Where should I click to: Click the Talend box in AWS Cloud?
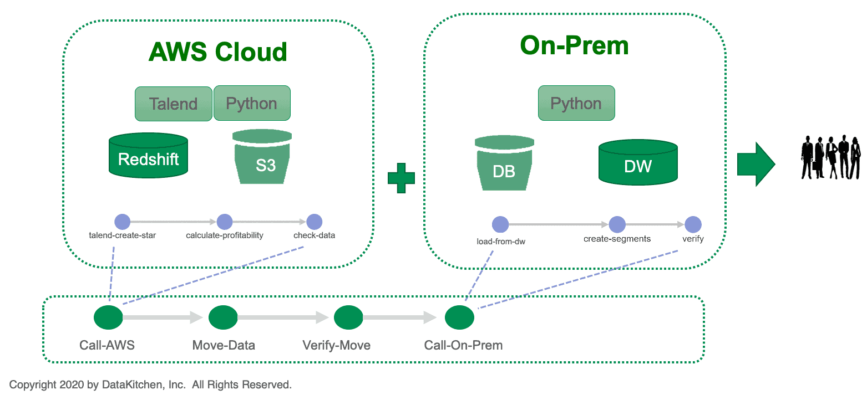(x=174, y=104)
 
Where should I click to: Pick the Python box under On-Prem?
(x=576, y=103)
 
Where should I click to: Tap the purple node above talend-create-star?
(x=123, y=222)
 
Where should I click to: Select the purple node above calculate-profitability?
(x=225, y=222)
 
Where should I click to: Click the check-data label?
(x=314, y=235)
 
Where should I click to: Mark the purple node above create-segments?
(x=617, y=224)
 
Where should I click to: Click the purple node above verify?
(x=693, y=224)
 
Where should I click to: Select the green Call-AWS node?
(x=108, y=317)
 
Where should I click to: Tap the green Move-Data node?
(x=223, y=317)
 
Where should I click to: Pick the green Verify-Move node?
(x=348, y=317)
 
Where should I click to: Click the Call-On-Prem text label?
(x=463, y=345)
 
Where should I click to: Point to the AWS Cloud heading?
(x=217, y=52)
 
